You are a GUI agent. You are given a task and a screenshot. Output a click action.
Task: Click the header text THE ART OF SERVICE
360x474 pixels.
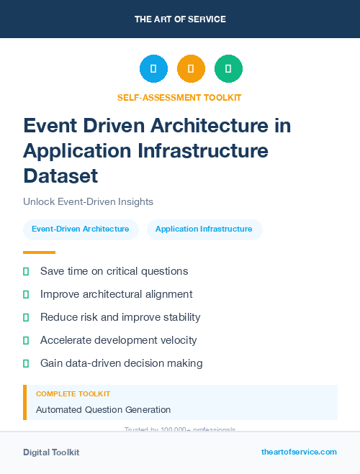click(x=180, y=19)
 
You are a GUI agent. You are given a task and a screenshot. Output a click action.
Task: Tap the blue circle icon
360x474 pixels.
click(x=153, y=69)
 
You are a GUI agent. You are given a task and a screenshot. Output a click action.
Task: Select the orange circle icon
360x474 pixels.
click(x=191, y=69)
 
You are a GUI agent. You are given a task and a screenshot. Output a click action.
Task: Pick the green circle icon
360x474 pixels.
click(x=228, y=69)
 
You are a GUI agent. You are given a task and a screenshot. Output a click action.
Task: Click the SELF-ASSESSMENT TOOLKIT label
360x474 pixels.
click(x=180, y=97)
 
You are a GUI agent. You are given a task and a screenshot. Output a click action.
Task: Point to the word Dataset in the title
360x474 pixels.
click(x=60, y=175)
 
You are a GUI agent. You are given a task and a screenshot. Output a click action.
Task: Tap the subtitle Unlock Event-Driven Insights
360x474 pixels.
click(x=88, y=202)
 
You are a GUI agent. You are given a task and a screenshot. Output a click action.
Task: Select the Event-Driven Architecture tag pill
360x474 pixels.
click(x=81, y=229)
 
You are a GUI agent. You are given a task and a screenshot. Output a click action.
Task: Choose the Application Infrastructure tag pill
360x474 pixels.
click(x=204, y=229)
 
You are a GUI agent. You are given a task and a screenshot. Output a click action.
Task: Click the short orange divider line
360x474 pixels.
click(x=39, y=252)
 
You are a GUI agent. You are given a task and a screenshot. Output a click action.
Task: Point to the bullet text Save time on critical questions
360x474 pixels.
click(x=114, y=271)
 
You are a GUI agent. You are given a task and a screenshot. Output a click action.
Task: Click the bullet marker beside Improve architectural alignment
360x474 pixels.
click(x=26, y=294)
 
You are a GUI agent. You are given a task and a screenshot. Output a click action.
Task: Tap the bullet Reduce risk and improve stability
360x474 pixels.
click(x=120, y=317)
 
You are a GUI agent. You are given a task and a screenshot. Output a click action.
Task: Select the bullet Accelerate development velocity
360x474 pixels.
click(x=118, y=340)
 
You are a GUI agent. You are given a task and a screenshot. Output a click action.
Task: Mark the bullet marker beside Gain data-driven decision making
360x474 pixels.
click(x=26, y=363)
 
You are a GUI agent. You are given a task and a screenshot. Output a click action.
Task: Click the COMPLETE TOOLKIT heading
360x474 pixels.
click(x=73, y=394)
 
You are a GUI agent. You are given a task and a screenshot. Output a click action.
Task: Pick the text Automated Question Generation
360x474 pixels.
click(x=103, y=410)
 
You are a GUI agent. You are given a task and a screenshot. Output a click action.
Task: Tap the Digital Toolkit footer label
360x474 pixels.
click(x=51, y=452)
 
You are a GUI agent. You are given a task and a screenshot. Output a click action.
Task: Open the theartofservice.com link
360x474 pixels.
click(x=299, y=452)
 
